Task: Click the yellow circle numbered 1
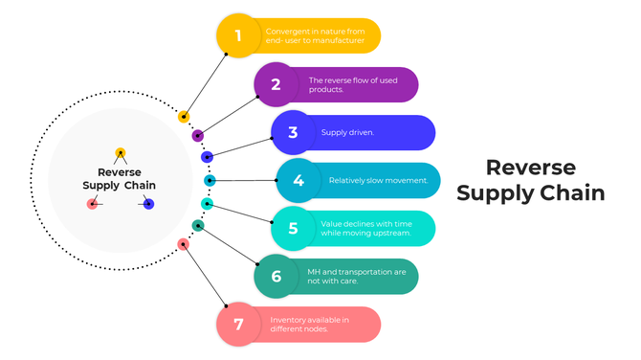click(238, 36)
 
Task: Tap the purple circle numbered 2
click(276, 84)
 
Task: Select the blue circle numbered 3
click(293, 133)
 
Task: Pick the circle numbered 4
click(298, 180)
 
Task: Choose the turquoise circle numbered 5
click(293, 228)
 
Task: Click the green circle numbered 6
click(276, 276)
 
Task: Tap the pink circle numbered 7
click(238, 324)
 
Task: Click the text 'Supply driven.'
click(347, 133)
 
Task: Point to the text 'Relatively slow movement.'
click(378, 180)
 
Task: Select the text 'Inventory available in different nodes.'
click(309, 324)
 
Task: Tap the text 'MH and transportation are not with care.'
click(357, 276)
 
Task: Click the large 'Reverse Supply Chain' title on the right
click(530, 180)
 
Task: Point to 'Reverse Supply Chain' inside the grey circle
click(119, 179)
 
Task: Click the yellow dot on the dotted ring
click(184, 117)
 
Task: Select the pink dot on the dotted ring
click(184, 244)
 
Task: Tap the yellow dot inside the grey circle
click(121, 153)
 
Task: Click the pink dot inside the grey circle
click(93, 203)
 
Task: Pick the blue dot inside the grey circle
click(148, 203)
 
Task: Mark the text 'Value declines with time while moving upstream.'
click(366, 228)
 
